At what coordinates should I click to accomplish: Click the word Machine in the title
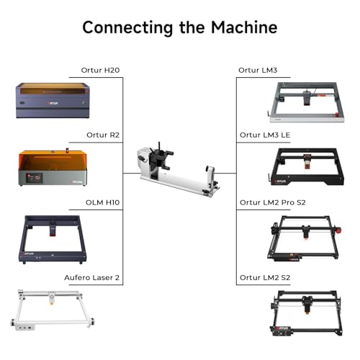click(x=244, y=27)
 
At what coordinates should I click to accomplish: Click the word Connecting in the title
click(x=127, y=28)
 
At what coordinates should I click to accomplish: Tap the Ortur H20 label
click(x=100, y=70)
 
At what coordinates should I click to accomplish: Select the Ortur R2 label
click(x=103, y=135)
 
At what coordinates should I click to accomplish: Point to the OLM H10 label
click(x=102, y=202)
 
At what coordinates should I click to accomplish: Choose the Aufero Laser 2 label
click(x=92, y=278)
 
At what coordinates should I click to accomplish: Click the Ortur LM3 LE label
click(x=265, y=135)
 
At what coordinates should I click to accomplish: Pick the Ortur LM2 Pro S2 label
click(x=273, y=202)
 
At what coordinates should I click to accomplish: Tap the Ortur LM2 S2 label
click(x=265, y=278)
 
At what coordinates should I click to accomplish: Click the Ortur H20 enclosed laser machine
click(x=53, y=100)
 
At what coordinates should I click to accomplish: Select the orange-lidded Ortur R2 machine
click(x=53, y=167)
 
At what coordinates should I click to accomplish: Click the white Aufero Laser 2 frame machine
click(x=53, y=310)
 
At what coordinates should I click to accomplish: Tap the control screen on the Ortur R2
click(x=35, y=179)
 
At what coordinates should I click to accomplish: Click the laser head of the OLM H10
click(x=53, y=230)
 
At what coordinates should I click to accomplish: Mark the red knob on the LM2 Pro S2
click(x=338, y=230)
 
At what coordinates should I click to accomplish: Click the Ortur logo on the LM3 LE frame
click(x=280, y=181)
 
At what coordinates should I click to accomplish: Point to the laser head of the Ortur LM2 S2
click(x=307, y=305)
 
